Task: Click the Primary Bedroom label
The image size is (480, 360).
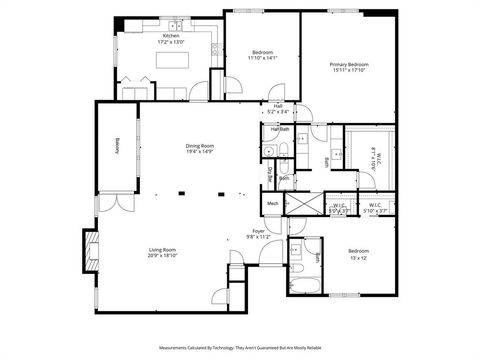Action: click(349, 64)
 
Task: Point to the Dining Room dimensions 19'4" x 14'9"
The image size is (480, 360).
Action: click(199, 152)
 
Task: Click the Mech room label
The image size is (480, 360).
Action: click(272, 204)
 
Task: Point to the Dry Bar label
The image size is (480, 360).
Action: click(269, 171)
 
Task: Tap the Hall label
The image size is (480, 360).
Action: click(278, 105)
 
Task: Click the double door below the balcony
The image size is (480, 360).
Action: click(118, 202)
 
